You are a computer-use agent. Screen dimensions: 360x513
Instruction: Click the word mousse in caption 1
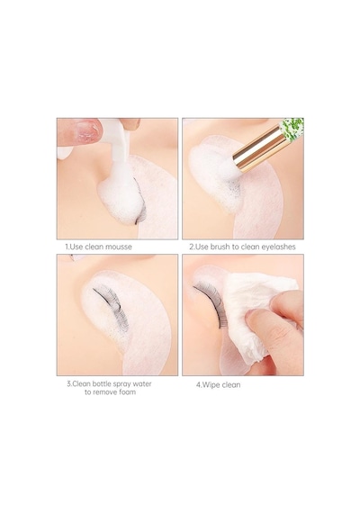(116, 247)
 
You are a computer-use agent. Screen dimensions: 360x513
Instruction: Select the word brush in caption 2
(220, 247)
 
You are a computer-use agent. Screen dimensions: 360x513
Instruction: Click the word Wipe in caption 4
(211, 385)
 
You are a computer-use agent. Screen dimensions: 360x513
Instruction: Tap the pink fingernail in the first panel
(87, 130)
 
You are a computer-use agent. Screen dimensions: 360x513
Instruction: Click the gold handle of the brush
(258, 148)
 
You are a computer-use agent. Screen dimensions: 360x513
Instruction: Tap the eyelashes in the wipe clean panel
(211, 302)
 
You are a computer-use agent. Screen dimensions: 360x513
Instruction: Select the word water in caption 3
(142, 383)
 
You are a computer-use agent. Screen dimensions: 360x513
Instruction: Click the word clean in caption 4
(231, 385)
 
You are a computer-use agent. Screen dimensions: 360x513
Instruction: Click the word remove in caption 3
(104, 391)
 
